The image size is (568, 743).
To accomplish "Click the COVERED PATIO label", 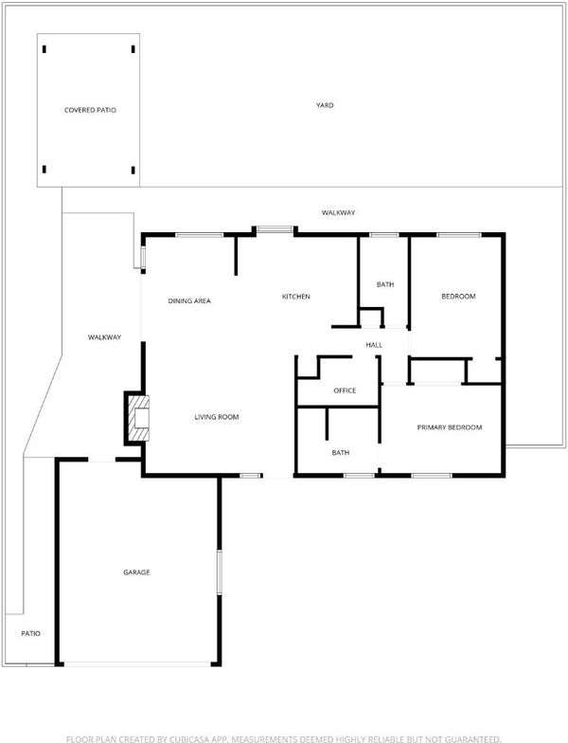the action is pos(90,110).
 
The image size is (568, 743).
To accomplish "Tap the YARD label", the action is pos(325,105).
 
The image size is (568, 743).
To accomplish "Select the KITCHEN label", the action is pos(295,297).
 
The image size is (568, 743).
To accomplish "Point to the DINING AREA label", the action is pos(189,301).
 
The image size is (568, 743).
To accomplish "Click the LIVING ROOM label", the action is pos(216,417).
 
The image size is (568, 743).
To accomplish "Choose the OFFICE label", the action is pos(345,390).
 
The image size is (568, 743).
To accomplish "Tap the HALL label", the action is pos(374,345).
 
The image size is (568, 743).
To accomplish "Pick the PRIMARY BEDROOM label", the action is pos(449,427).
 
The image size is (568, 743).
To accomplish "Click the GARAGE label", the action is pos(136,572).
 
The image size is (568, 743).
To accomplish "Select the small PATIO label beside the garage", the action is pos(30,633).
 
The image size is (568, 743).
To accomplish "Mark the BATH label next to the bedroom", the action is pos(384,284).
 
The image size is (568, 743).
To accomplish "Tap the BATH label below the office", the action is pos(341,453).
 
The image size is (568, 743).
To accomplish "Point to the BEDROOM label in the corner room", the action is pos(458,296).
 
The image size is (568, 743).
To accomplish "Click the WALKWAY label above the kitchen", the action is pos(338,212).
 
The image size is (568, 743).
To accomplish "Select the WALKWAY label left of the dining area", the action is pos(104,337).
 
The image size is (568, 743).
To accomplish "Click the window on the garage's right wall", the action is pos(220,572).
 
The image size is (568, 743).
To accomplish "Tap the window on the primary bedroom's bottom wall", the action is pos(432,475).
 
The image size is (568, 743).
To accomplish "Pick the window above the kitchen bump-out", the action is pos(275,229).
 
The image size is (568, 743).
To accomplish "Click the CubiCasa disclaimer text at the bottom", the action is pos(284,739).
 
